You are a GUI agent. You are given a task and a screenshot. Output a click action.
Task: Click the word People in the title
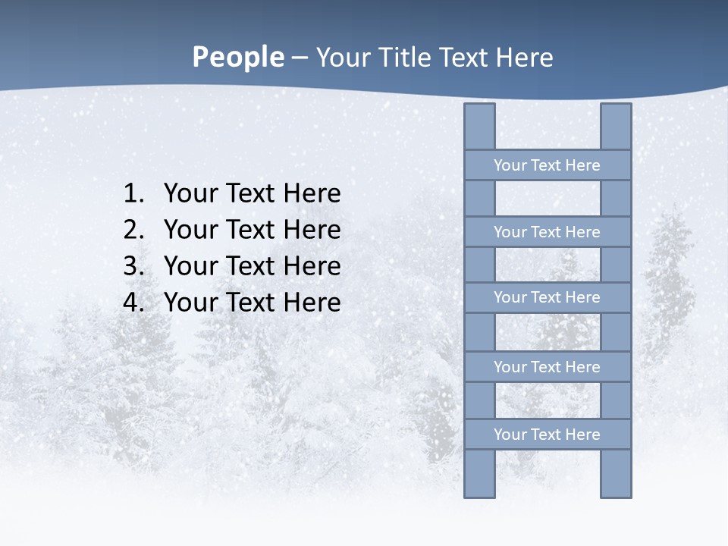(237, 57)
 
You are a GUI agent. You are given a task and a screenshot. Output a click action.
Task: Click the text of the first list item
(252, 194)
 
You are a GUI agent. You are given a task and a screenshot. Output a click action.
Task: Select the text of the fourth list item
(252, 303)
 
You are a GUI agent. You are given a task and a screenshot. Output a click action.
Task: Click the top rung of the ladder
(547, 165)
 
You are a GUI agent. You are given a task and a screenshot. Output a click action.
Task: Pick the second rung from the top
(547, 232)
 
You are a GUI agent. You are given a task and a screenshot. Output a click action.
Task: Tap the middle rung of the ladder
(547, 297)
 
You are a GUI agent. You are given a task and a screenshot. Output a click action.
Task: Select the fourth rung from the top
(547, 367)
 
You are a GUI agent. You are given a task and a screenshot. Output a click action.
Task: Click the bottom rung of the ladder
(547, 435)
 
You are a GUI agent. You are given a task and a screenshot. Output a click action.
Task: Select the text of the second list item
(252, 231)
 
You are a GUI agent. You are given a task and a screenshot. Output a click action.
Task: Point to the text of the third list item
(252, 267)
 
